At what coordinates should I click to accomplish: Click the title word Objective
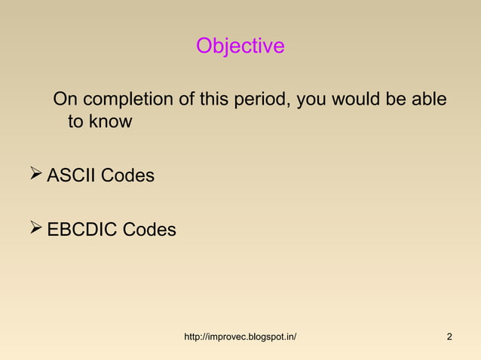point(240,47)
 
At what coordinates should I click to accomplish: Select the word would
point(360,100)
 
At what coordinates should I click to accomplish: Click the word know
point(110,121)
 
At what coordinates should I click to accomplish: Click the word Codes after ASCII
point(127,176)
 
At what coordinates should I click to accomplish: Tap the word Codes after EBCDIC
point(149,229)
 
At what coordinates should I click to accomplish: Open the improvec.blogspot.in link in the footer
point(240,336)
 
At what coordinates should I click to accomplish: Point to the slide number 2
point(449,336)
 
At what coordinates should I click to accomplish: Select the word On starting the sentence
point(65,100)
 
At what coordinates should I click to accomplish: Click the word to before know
point(75,121)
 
